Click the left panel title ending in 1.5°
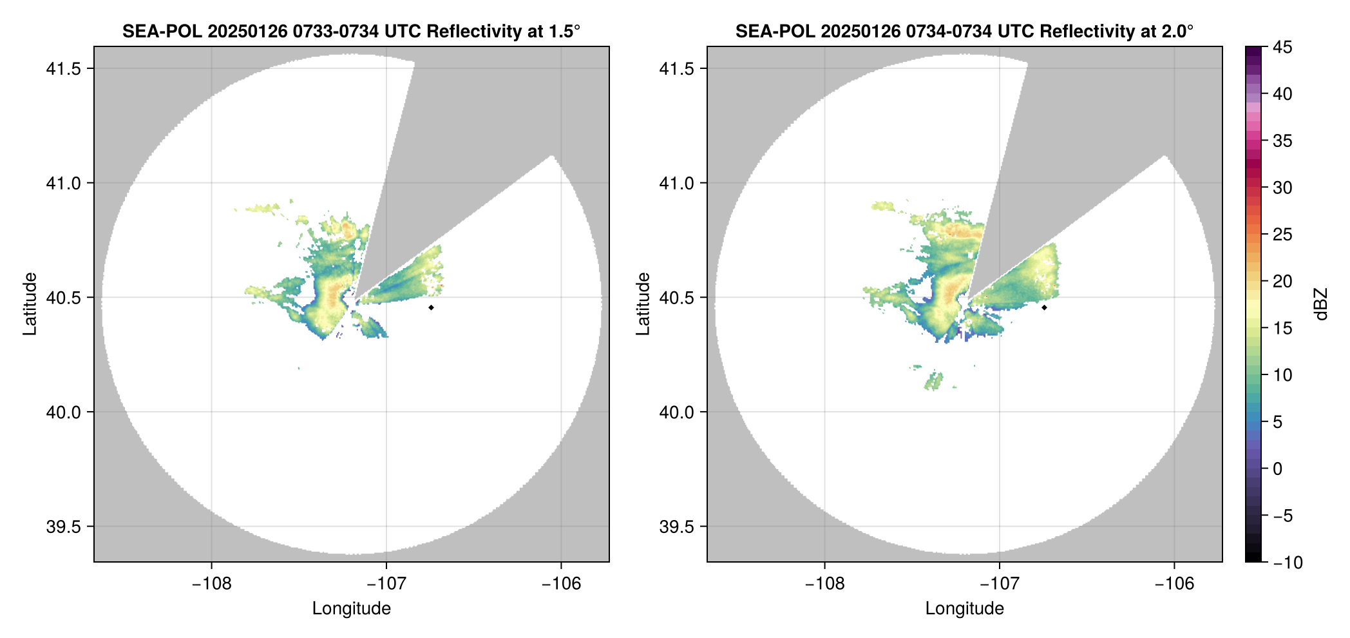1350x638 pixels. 351,31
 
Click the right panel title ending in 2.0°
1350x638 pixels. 964,31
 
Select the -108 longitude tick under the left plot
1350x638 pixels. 211,584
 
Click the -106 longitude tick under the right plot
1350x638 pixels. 1174,584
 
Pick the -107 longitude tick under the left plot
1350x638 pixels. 386,584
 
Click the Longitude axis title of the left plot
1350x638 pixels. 351,608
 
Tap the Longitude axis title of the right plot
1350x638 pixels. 964,608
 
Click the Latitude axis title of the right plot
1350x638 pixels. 643,304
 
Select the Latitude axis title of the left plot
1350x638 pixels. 30,304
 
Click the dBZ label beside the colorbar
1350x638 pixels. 1321,304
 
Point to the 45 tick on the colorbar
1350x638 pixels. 1282,47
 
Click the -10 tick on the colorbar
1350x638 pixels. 1288,563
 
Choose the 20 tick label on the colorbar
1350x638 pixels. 1282,282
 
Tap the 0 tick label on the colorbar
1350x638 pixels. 1278,469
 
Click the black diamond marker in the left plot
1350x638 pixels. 431,307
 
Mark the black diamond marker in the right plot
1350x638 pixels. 1044,307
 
